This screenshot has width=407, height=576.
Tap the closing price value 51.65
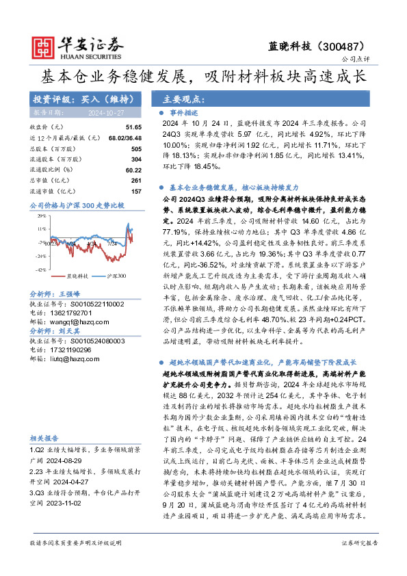[133, 128]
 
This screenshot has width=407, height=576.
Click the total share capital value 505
[136, 148]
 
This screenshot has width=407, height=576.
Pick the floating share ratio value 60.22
[133, 169]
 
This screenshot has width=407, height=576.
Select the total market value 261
[136, 180]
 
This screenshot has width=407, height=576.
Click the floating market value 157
[136, 191]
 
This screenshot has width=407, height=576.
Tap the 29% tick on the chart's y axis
[42, 215]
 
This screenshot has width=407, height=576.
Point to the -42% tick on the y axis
[42, 270]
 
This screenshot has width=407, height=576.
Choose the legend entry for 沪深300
[116, 276]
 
